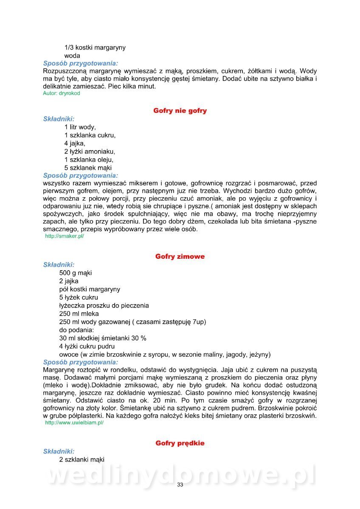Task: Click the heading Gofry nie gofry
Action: (x=180, y=111)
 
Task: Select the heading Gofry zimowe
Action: (x=180, y=256)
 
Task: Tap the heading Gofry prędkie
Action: (x=180, y=443)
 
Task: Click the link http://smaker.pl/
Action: (x=65, y=236)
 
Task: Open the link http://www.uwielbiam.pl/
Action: (x=74, y=422)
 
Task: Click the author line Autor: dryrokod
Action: (x=61, y=93)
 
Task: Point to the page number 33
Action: (x=180, y=485)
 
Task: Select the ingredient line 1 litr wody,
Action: (x=80, y=127)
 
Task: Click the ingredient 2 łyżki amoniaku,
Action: (x=90, y=151)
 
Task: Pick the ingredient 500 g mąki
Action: (x=76, y=273)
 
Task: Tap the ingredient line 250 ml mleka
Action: (x=79, y=313)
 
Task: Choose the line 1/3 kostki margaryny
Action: (x=95, y=48)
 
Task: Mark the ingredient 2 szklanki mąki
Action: (x=82, y=459)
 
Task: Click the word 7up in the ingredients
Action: (x=198, y=322)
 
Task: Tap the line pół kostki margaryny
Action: (x=90, y=289)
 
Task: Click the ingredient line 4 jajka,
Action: (x=75, y=143)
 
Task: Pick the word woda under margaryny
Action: (x=72, y=56)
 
